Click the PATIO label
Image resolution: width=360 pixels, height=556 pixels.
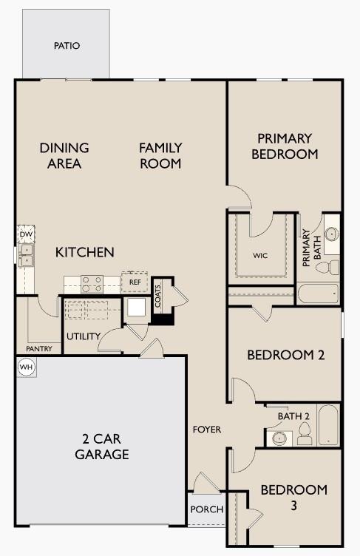pos(67,46)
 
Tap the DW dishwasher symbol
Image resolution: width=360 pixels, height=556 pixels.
pos(26,234)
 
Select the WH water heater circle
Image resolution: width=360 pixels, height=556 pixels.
pos(26,367)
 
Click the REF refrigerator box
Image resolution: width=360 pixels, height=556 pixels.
pos(135,282)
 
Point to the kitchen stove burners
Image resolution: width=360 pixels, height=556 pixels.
pos(92,283)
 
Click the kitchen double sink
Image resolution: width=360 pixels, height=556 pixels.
pos(27,256)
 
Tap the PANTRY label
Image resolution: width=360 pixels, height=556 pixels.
pos(38,348)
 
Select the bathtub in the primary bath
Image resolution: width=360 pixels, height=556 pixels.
pos(317,294)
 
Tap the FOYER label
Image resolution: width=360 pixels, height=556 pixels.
pos(206,430)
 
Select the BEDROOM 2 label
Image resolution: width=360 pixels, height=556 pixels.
pos(285,355)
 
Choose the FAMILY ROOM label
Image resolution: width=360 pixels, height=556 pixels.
pos(160,155)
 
